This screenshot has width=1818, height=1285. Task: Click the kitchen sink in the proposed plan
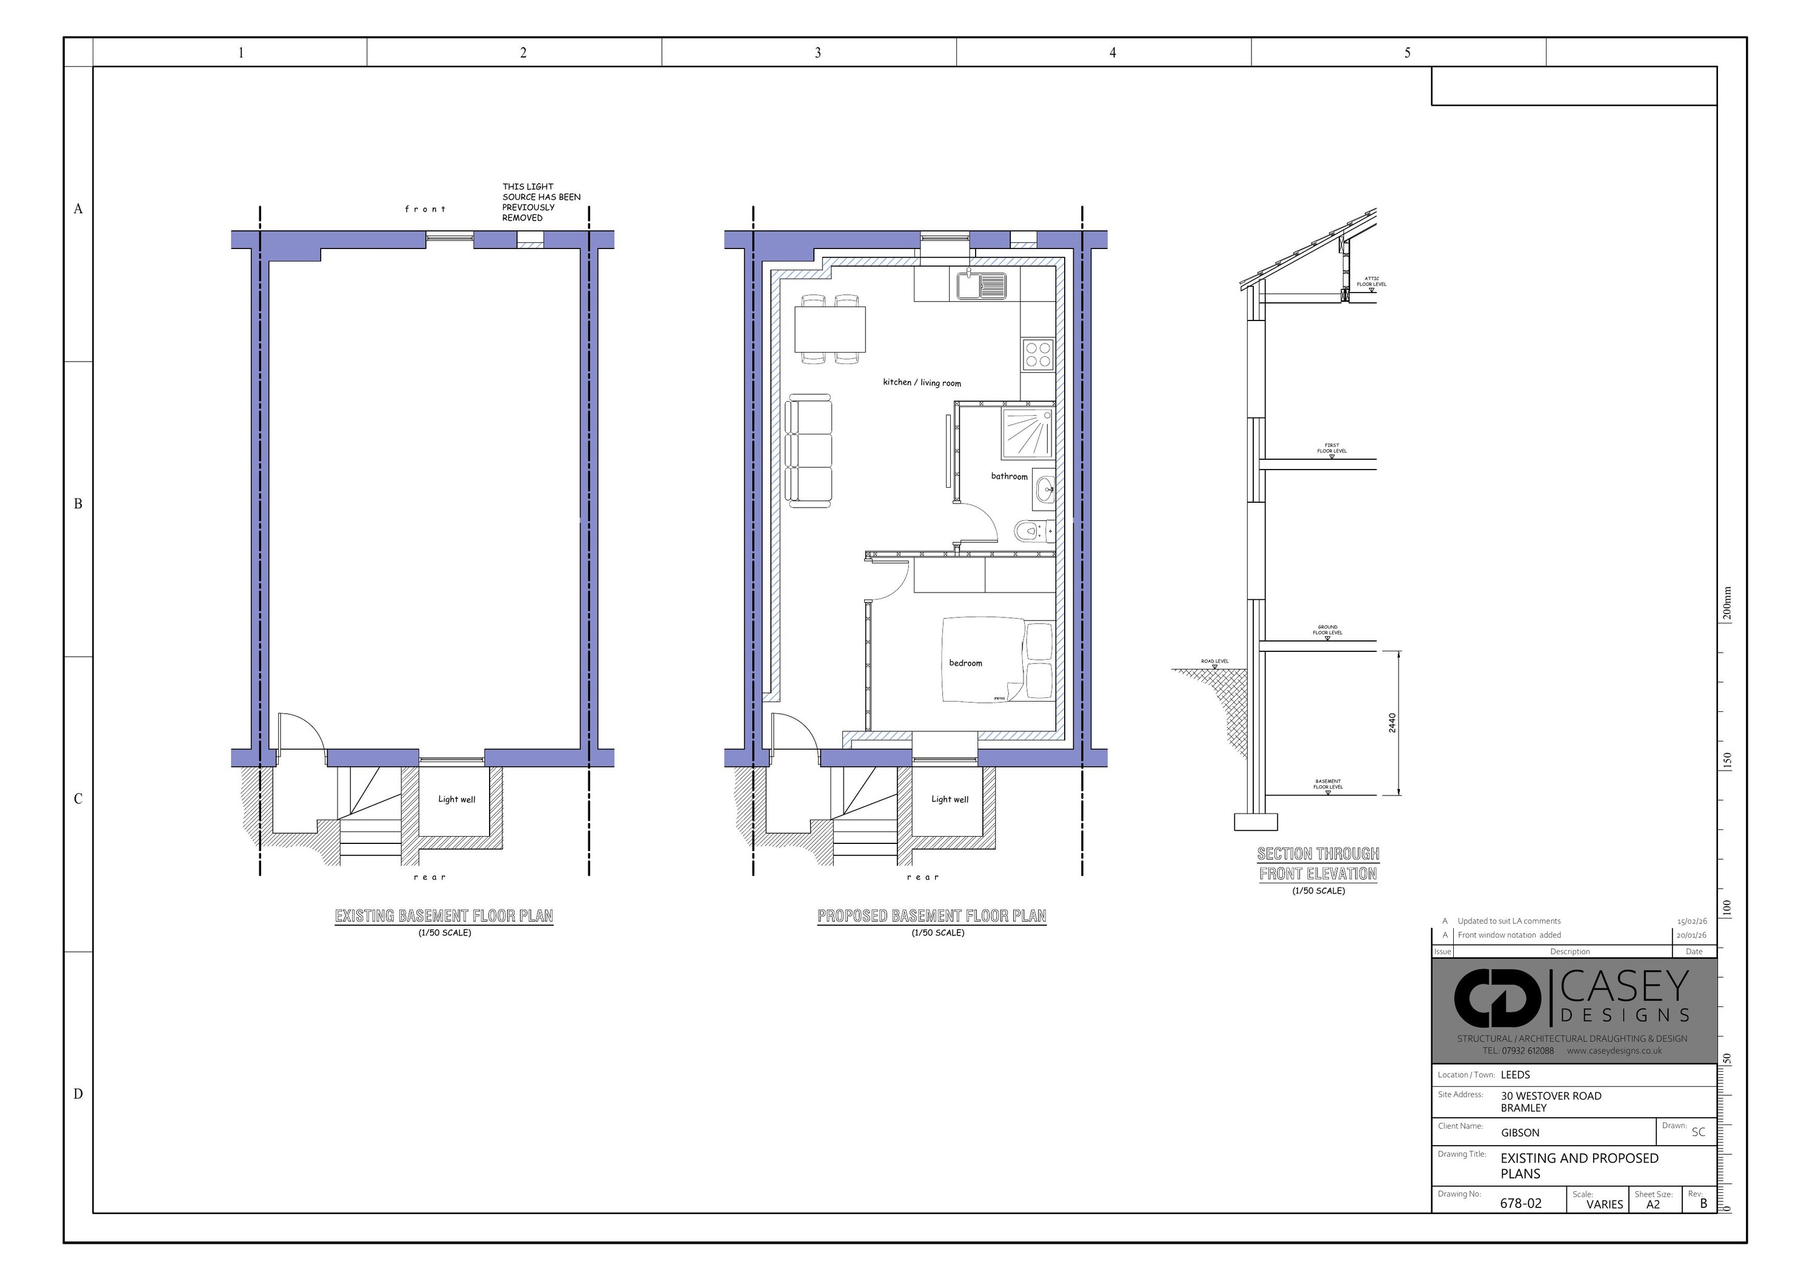981,285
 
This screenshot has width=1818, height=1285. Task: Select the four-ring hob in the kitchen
1037,354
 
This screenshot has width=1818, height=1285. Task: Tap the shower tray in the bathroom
1028,434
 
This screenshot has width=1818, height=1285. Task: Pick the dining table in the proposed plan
830,328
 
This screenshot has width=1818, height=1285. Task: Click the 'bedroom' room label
965,663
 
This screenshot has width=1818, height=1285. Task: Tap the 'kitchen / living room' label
922,382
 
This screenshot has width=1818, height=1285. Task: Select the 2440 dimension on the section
1392,723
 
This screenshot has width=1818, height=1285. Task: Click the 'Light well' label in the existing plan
457,799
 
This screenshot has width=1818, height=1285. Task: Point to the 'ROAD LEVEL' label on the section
1214,661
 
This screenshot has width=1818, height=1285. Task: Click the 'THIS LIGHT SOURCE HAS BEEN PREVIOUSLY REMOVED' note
541,202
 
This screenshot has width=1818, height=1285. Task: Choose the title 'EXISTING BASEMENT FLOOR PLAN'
444,916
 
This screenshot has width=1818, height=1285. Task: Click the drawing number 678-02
1521,1203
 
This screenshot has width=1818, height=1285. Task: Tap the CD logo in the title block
1497,998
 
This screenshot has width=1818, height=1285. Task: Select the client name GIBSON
1520,1133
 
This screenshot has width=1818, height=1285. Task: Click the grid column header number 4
1113,52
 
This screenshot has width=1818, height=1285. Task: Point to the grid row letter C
78,799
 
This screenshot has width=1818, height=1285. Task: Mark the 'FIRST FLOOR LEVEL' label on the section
1332,448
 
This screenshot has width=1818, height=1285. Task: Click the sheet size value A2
1653,1204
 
